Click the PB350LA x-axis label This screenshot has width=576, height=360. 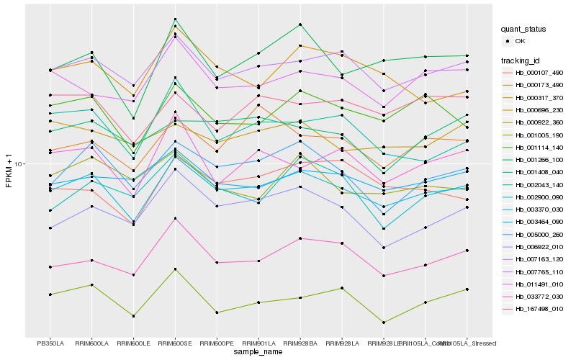50,343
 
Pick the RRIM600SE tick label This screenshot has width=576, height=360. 175,343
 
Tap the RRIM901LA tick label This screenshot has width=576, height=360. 258,343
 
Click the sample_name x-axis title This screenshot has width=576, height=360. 258,352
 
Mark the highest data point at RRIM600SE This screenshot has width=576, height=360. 175,19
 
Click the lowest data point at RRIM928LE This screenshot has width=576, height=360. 384,323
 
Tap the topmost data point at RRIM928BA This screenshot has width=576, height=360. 300,24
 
